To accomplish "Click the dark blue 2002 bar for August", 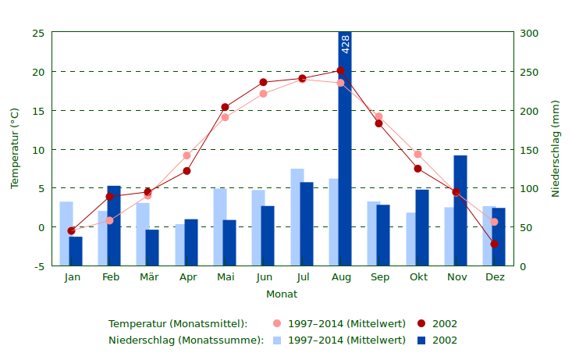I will point(345,156).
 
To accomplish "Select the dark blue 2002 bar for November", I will point(460,211).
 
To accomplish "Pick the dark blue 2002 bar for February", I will point(114,226).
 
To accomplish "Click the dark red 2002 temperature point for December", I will point(494,244).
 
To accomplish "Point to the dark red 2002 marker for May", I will point(225,108).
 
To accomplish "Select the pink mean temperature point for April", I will point(187,155).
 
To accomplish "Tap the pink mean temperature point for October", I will point(417,155).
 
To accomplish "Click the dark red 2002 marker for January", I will point(71,231).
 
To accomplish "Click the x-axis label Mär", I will point(148,277).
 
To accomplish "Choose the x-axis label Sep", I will point(380,277).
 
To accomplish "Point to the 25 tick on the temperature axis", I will point(38,33).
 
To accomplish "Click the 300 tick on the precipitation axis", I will point(529,33).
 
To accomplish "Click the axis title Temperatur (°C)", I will point(15,148).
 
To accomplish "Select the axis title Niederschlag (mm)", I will point(556,148).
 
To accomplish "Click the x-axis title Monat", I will point(282,294).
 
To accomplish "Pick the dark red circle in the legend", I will point(421,323).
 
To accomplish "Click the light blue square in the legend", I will point(277,340).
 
